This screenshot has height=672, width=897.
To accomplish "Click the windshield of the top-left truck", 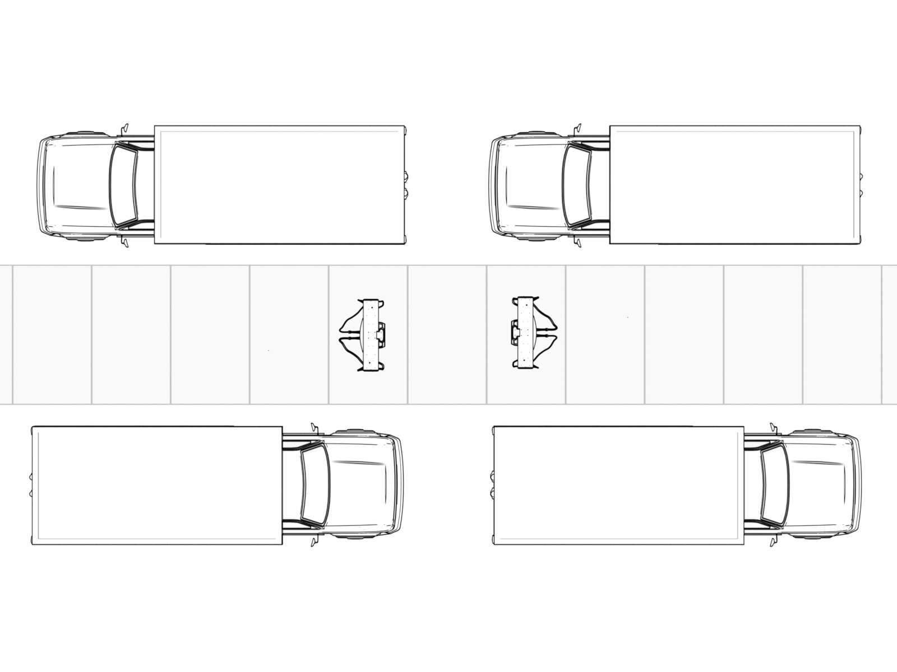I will [124, 185].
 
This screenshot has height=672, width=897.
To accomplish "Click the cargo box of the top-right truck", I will [734, 185].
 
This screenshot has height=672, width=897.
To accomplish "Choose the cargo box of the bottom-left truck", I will [157, 485].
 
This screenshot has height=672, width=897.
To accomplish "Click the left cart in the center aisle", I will [368, 335].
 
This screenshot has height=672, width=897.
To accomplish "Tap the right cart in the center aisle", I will [529, 333].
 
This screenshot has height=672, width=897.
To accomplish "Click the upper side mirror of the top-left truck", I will [125, 127].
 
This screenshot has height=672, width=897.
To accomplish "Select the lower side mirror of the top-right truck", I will [577, 242].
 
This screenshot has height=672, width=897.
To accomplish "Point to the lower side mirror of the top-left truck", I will [125, 242].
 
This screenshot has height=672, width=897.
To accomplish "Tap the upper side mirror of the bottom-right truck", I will [775, 428].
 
